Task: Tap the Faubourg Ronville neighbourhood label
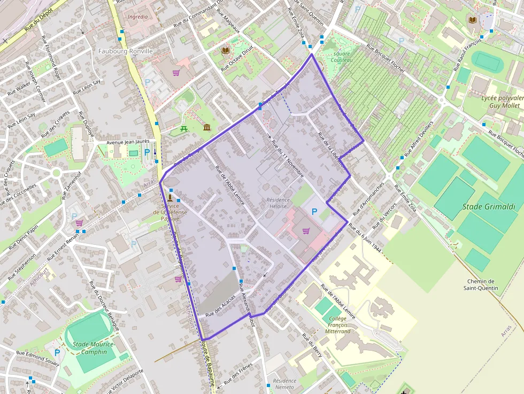(x=126, y=51)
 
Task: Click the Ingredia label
(x=137, y=17)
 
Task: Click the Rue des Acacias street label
(x=221, y=308)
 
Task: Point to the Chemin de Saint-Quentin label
(x=481, y=285)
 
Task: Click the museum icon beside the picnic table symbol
(x=207, y=127)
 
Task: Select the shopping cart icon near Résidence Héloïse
(x=306, y=231)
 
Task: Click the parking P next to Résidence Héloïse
(x=314, y=212)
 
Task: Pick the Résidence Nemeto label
(x=284, y=384)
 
